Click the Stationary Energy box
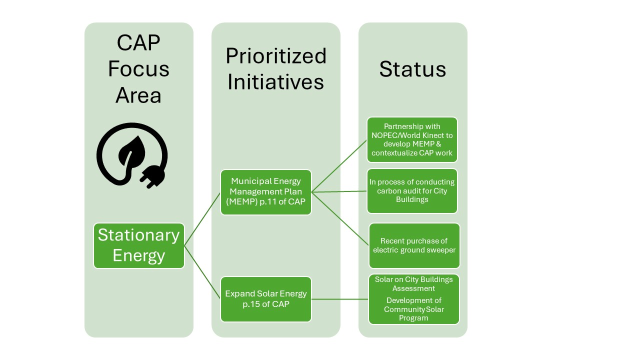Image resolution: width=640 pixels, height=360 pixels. click(x=139, y=245)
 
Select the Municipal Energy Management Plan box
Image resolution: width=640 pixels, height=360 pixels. click(x=265, y=192)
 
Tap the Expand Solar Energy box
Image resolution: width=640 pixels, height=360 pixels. click(x=265, y=299)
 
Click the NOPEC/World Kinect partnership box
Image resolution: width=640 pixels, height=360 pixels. click(x=412, y=139)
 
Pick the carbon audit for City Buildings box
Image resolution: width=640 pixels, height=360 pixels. click(x=412, y=191)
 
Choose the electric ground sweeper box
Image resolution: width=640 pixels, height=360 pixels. click(x=414, y=245)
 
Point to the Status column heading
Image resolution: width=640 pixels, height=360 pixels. click(x=412, y=69)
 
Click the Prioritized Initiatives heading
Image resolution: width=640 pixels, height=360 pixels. click(x=276, y=69)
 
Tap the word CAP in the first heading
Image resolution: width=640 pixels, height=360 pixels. click(x=138, y=43)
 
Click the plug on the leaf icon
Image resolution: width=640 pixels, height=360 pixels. click(x=152, y=176)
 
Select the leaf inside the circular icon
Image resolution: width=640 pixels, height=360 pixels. click(x=131, y=151)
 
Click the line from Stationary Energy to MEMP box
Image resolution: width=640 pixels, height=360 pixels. click(x=202, y=219)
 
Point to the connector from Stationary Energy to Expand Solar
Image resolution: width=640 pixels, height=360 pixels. click(x=202, y=272)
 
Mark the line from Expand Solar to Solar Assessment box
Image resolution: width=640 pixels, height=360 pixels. click(x=340, y=299)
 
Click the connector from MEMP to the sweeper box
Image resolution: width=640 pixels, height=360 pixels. click(x=340, y=219)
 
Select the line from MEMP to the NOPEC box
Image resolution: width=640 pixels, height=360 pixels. click(x=339, y=166)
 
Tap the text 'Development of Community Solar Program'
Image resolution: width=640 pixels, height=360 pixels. click(x=413, y=309)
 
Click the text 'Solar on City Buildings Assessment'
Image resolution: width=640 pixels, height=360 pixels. click(x=413, y=283)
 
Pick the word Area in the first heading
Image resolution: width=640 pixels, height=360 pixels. click(x=138, y=95)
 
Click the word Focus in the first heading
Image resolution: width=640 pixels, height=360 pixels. click(x=138, y=69)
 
